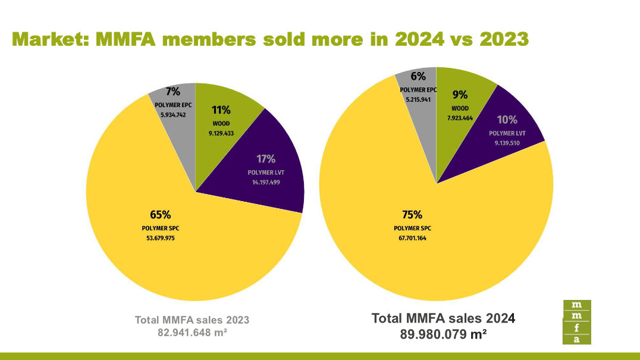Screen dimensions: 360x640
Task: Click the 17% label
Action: (266, 159)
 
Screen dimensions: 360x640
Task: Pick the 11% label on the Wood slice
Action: (221, 110)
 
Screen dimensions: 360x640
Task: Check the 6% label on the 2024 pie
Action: (418, 76)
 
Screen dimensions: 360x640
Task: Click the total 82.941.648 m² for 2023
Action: (192, 332)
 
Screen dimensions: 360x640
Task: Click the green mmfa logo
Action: (576, 322)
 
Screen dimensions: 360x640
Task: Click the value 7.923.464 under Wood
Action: (460, 118)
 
